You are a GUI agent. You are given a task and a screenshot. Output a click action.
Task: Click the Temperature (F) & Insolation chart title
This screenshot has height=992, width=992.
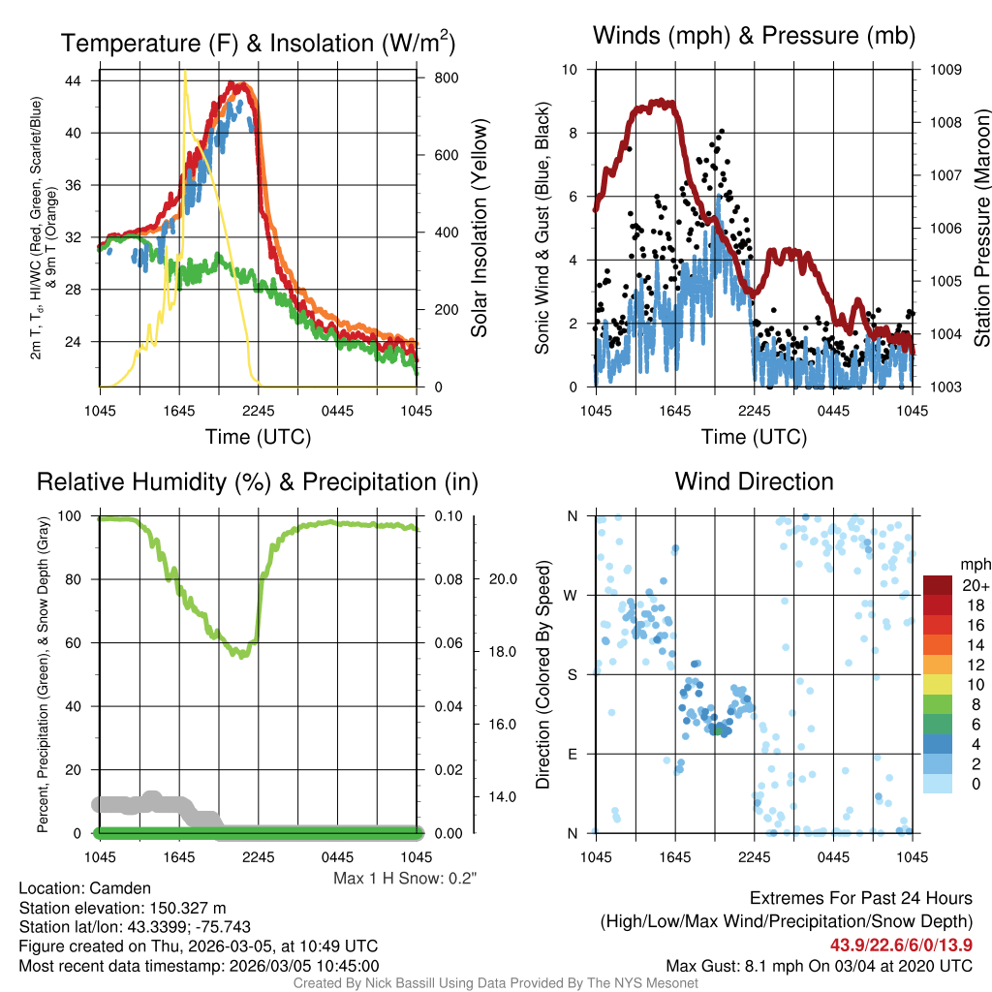258,43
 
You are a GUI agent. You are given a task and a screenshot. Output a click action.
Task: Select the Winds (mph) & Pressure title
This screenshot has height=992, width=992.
754,36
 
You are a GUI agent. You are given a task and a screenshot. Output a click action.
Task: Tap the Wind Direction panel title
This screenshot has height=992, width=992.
754,481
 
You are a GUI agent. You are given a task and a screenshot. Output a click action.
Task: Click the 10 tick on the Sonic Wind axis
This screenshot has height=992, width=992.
571,70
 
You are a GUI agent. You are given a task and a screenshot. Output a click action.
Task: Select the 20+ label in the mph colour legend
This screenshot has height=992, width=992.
973,585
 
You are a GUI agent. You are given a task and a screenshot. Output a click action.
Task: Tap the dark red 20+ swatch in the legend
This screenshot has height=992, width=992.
938,584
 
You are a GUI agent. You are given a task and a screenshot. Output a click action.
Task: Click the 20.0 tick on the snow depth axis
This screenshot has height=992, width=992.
502,579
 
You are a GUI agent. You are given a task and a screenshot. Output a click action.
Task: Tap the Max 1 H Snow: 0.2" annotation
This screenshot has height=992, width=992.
405,879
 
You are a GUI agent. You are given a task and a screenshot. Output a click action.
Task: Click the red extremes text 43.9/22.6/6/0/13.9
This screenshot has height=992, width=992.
901,945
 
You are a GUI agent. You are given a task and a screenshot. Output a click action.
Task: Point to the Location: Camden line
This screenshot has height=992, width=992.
85,888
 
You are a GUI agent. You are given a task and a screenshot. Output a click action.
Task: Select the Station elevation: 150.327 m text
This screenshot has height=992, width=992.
122,908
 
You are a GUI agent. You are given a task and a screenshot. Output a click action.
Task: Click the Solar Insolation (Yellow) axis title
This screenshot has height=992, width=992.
480,229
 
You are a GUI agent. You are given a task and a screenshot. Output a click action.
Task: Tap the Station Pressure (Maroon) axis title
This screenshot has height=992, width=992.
981,229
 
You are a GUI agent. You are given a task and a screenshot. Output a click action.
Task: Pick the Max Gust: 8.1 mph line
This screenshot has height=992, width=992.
819,966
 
